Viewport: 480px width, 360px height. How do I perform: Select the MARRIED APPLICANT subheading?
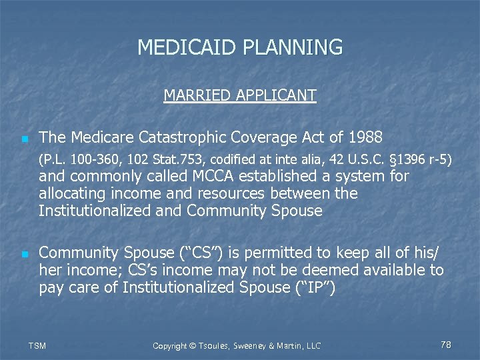pyautogui.click(x=240, y=95)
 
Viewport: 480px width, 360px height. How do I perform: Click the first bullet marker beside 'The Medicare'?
pyautogui.click(x=24, y=139)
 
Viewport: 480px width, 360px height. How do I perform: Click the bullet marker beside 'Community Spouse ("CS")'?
pyautogui.click(x=24, y=254)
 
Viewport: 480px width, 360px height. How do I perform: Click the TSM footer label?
pyautogui.click(x=39, y=345)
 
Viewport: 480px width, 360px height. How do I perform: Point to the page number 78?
pyautogui.click(x=446, y=345)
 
